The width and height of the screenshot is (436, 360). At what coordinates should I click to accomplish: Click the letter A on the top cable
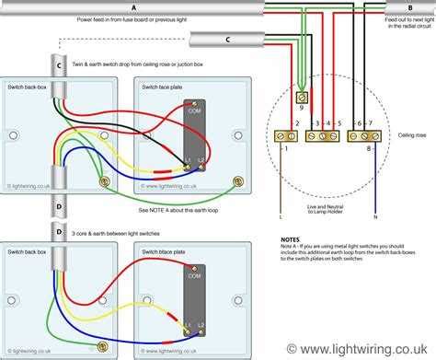(133, 8)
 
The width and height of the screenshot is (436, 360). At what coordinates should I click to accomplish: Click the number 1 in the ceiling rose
(286, 147)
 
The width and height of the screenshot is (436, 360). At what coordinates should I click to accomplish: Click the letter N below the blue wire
(376, 218)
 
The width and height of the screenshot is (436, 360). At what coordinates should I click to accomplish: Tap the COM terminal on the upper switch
(194, 111)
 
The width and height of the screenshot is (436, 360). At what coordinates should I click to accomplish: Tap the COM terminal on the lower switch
(194, 275)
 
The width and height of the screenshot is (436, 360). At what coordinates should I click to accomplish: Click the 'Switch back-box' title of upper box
(26, 85)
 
